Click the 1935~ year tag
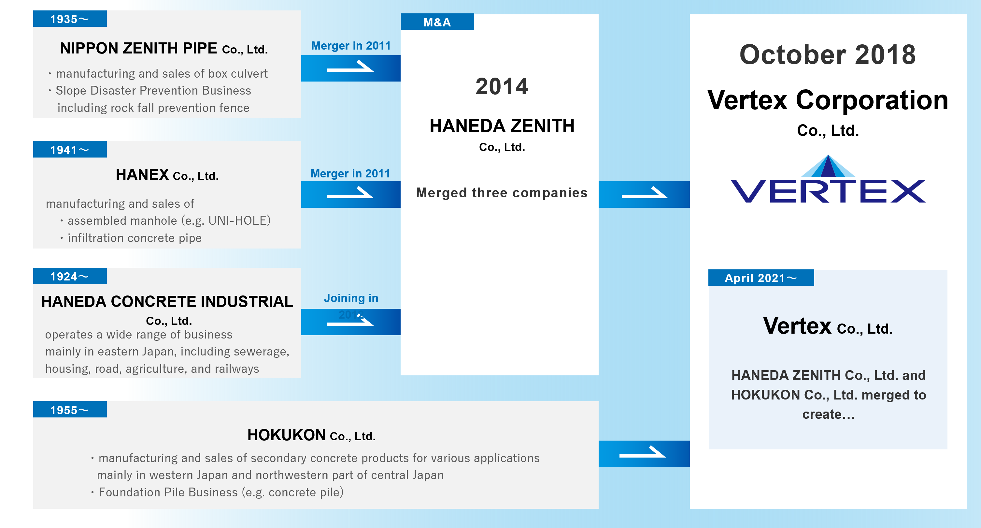(70, 19)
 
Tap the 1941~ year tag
(70, 149)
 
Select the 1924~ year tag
(70, 276)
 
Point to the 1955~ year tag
(70, 409)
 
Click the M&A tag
(437, 22)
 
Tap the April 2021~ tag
(761, 278)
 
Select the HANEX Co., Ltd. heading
(167, 175)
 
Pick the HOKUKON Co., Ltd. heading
(311, 435)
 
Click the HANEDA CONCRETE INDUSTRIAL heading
(167, 302)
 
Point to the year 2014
(502, 86)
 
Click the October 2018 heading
(828, 54)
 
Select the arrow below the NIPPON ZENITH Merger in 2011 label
(350, 68)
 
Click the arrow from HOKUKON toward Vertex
(643, 453)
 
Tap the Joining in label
(351, 298)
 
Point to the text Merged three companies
(502, 193)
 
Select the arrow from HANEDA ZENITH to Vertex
(644, 194)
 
